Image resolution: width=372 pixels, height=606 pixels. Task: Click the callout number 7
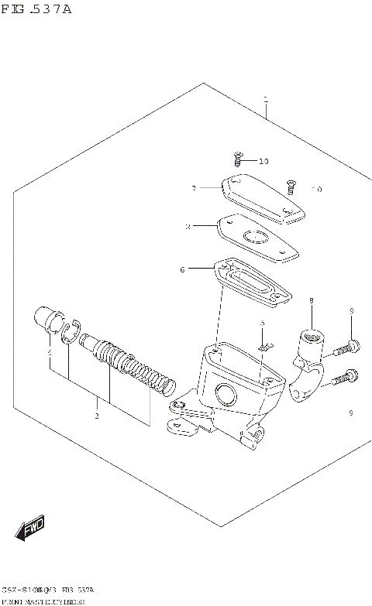193,187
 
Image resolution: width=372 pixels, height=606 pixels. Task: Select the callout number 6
182,269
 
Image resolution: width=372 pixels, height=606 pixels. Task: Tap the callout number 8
311,301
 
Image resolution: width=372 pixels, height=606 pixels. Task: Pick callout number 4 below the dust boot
50,353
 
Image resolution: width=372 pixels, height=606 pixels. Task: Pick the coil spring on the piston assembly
150,375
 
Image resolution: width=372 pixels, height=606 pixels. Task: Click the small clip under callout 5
263,346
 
